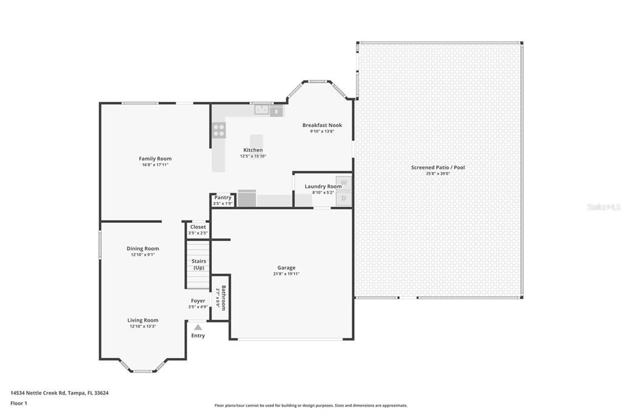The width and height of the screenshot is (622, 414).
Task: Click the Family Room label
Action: [155, 158]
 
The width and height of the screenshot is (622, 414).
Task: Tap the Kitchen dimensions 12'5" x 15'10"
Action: [253, 156]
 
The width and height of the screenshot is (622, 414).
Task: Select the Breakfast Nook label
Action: [322, 125]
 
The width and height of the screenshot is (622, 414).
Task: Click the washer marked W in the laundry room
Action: [344, 183]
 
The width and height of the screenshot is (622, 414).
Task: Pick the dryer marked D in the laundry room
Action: [344, 199]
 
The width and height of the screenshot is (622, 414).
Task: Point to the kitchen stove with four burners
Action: [219, 130]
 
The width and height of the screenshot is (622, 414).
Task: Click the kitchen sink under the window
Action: [262, 110]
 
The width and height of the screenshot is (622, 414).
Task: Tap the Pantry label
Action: [223, 197]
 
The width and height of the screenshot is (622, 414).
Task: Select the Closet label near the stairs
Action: [198, 227]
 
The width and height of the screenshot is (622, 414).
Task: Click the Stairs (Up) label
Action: [199, 264]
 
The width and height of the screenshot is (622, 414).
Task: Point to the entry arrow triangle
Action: [197, 327]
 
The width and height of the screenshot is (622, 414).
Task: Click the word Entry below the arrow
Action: [198, 336]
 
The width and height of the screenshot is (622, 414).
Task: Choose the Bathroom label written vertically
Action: [224, 297]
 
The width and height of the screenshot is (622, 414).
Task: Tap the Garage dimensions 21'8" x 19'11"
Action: [286, 274]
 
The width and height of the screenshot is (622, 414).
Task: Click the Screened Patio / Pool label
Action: [438, 167]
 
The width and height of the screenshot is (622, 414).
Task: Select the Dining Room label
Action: [143, 248]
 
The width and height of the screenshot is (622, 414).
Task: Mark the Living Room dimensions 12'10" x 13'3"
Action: [143, 327]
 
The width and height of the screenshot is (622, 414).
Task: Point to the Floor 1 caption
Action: [19, 403]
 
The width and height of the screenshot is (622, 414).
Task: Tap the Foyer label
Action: [198, 300]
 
